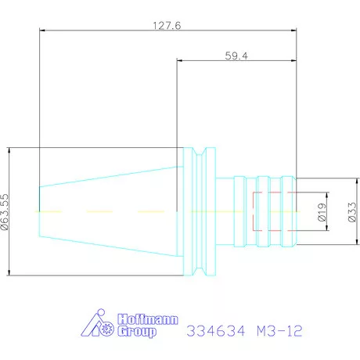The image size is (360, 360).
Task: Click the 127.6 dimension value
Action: click(167, 26)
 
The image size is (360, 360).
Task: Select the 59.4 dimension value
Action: click(236, 56)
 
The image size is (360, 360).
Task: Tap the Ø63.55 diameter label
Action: click(5, 212)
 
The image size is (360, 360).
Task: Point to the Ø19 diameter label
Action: click(322, 212)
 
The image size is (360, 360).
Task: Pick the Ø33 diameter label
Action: click(352, 212)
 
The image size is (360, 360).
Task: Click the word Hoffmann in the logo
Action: click(148, 319)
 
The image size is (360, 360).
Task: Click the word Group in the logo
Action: click(137, 331)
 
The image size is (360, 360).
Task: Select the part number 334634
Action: click(216, 331)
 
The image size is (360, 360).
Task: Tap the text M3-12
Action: click(279, 331)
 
